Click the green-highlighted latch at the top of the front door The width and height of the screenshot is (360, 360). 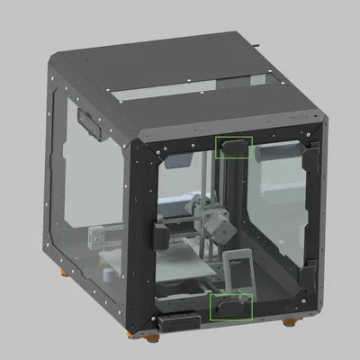click(233, 146)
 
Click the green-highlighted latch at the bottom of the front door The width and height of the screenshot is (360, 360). click(231, 306)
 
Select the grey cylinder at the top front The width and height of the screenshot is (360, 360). click(277, 153)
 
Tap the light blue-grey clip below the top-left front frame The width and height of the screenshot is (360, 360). click(177, 160)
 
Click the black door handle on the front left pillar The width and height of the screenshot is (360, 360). click(158, 238)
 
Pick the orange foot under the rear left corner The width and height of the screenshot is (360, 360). click(62, 269)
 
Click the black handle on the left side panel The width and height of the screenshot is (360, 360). click(89, 125)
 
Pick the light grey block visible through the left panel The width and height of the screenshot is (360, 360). click(102, 238)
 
